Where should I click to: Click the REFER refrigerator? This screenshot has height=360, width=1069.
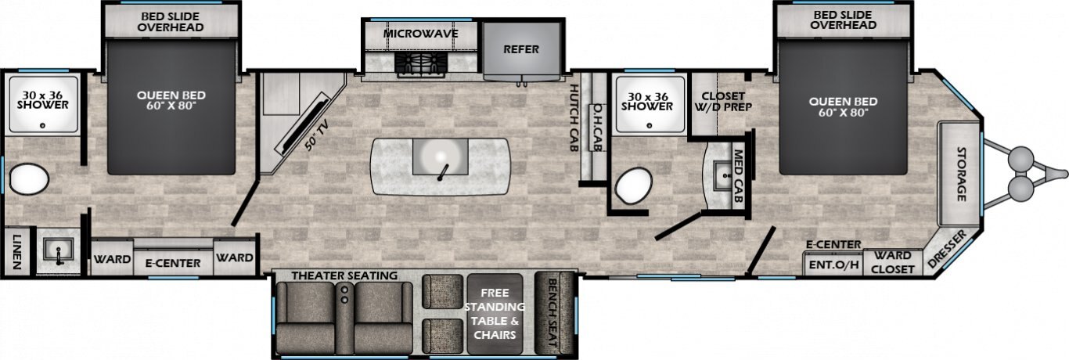pos(521,51)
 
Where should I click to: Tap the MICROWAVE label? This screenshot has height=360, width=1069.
pos(420,34)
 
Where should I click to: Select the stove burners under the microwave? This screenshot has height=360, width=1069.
pos(421,63)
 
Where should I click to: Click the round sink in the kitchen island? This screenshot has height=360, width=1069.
pos(440,157)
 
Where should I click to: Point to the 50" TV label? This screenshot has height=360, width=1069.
pos(317,135)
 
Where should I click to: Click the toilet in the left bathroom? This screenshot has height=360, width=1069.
pos(29,179)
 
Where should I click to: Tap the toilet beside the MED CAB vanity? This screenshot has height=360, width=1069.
pos(634,186)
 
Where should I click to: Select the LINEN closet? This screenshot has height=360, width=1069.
pos(16,252)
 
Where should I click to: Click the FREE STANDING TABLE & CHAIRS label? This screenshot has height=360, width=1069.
pos(495,313)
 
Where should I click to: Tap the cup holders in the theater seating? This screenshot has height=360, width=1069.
pos(344,293)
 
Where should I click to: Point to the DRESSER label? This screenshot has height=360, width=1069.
pos(947,249)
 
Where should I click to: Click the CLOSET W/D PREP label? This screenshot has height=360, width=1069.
pos(723,102)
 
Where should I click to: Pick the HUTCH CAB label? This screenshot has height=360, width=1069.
pos(574,118)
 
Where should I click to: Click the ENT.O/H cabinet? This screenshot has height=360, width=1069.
pos(833,264)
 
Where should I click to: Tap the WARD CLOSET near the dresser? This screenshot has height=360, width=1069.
pos(892,263)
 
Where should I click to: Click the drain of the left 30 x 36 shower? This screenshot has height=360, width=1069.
pos(42,125)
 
